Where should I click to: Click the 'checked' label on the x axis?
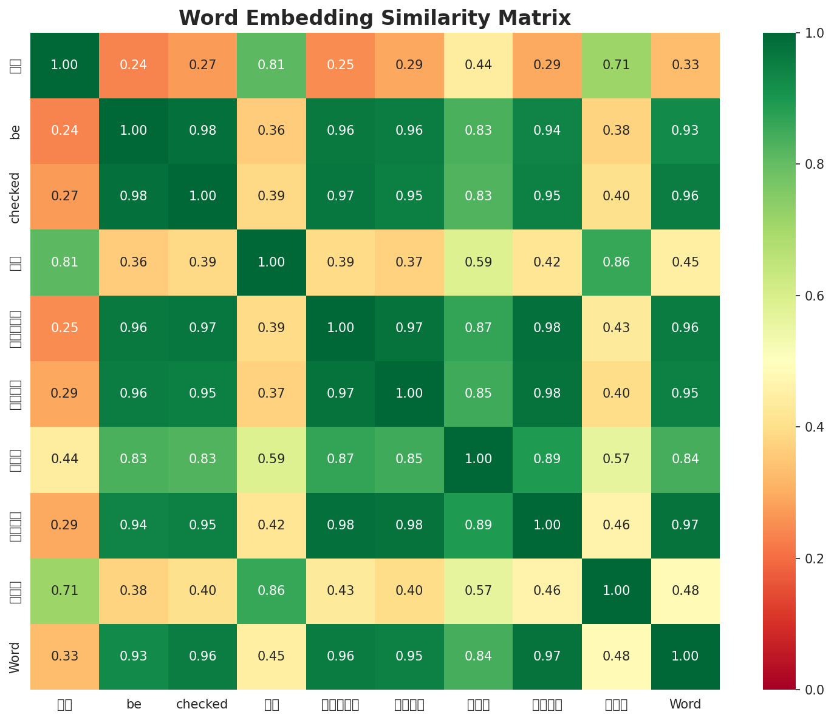(x=202, y=705)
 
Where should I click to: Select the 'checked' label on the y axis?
(x=16, y=197)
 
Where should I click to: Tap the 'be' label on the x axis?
(x=134, y=705)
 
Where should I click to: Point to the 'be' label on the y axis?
(x=16, y=131)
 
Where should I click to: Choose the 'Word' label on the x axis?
(x=685, y=705)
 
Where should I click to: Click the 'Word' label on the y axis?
(x=16, y=657)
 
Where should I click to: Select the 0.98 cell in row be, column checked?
(x=202, y=131)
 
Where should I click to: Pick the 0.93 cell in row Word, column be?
(x=134, y=657)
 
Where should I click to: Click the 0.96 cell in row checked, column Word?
(x=685, y=197)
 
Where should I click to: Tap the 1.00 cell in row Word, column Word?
(x=685, y=657)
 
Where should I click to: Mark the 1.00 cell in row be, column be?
(x=134, y=131)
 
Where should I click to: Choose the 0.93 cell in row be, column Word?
(x=685, y=131)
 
